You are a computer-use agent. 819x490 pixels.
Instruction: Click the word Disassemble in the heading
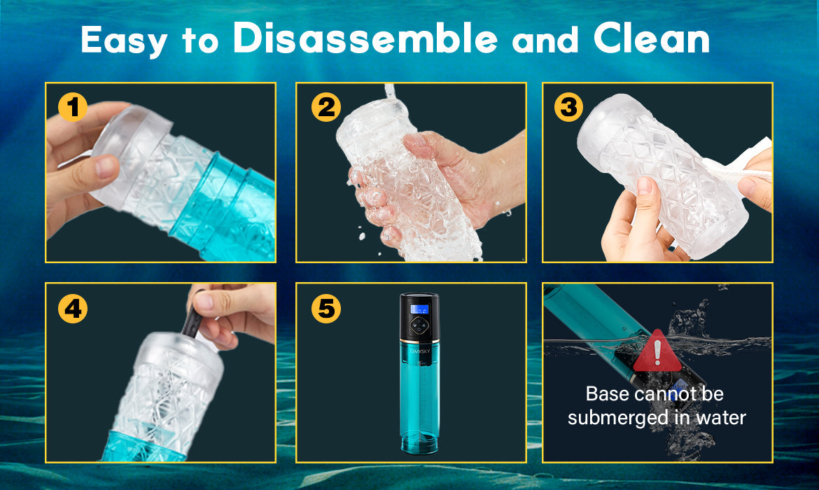(x=365, y=38)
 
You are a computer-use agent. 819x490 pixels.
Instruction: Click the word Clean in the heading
(x=651, y=38)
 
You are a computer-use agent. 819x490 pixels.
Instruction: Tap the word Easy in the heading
(x=125, y=41)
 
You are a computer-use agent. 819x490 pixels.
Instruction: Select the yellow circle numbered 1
(x=73, y=108)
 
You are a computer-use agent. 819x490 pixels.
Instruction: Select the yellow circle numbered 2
(x=326, y=108)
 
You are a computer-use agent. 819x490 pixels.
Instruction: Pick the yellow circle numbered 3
(x=569, y=108)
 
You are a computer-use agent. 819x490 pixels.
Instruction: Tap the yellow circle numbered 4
(x=73, y=309)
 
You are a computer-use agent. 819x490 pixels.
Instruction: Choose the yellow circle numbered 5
(x=326, y=309)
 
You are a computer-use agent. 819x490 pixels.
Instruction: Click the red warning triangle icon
(x=657, y=351)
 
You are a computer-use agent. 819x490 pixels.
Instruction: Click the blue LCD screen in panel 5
(x=419, y=309)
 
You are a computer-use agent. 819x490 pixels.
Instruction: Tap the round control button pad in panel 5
(x=419, y=326)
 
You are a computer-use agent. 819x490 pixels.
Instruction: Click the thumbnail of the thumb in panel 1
(x=107, y=167)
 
